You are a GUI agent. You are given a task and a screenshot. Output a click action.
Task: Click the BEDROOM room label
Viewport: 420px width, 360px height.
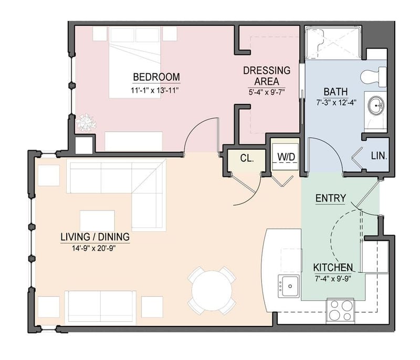point(156,77)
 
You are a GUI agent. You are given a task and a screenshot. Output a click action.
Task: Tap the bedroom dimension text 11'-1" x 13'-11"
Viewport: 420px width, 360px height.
point(156,90)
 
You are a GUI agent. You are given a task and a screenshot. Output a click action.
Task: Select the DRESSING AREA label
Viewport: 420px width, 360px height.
point(266,76)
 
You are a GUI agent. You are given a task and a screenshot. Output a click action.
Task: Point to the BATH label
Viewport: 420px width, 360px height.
point(335,91)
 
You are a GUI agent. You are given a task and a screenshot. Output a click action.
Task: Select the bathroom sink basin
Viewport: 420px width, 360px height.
point(376,106)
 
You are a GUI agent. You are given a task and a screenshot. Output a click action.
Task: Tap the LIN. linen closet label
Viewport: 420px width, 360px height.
point(379,156)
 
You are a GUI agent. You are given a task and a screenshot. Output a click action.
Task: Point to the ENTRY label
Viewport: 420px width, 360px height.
point(330,198)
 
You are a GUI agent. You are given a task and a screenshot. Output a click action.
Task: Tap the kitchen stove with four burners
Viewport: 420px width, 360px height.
point(340,310)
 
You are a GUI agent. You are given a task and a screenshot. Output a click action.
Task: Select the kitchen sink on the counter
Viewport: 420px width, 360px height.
point(289,285)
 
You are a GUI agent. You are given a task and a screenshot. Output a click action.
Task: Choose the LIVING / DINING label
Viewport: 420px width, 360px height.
point(94,237)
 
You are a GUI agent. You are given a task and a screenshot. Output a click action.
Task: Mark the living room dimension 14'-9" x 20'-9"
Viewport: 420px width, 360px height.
point(94,249)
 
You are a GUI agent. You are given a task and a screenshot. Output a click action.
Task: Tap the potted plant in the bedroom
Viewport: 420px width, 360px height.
point(85,123)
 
